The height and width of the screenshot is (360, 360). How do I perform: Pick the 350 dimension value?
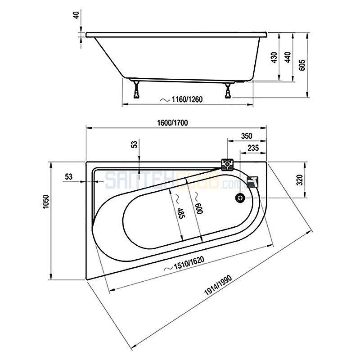pos(246,136)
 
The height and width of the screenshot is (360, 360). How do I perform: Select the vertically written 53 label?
pos(134,144)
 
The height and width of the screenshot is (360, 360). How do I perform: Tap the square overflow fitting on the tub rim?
pos(227,164)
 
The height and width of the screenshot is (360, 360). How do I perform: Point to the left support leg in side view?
pos(136,90)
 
